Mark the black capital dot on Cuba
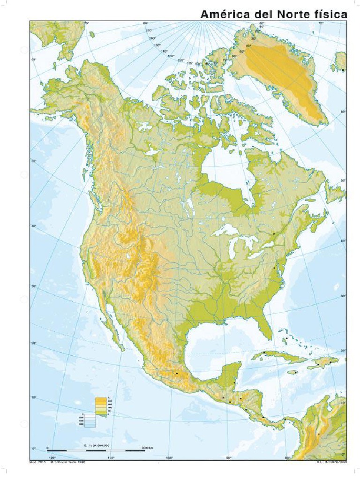tap(264, 352)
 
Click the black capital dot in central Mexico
tap(177, 373)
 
